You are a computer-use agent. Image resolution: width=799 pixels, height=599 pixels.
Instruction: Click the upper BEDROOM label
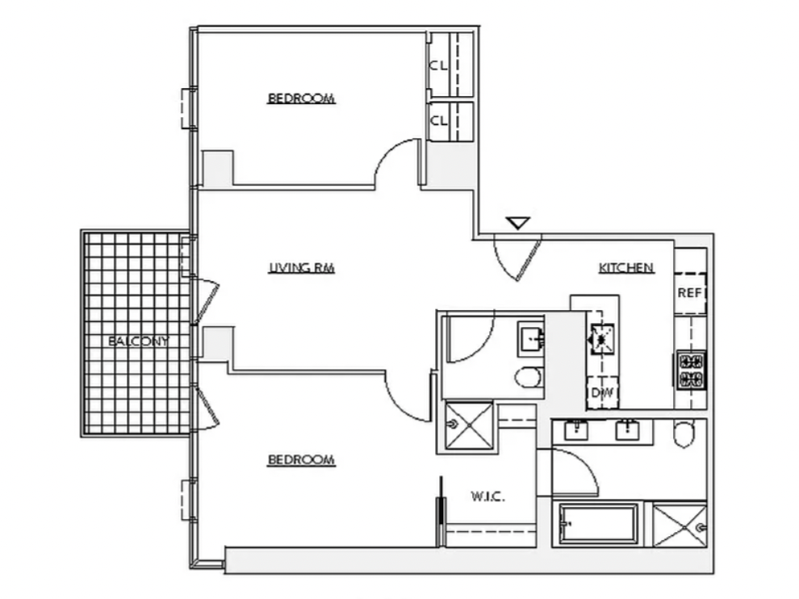pyautogui.click(x=301, y=98)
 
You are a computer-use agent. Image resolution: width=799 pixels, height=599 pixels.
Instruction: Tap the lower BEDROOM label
pyautogui.click(x=301, y=460)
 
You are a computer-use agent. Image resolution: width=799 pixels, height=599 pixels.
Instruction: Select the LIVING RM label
pyautogui.click(x=302, y=268)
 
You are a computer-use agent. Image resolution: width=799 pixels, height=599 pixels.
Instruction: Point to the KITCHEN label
pyautogui.click(x=625, y=268)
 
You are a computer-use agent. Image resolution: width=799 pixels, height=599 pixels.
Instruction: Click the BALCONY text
pyautogui.click(x=138, y=341)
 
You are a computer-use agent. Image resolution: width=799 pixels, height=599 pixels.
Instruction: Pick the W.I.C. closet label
pyautogui.click(x=487, y=496)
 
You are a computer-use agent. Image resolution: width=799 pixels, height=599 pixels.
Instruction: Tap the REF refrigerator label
pyautogui.click(x=690, y=293)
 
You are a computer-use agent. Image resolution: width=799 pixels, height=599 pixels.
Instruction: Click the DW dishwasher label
pyautogui.click(x=602, y=392)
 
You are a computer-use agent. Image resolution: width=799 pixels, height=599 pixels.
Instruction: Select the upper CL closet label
pyautogui.click(x=438, y=65)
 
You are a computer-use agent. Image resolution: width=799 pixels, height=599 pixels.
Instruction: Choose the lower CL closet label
pyautogui.click(x=438, y=121)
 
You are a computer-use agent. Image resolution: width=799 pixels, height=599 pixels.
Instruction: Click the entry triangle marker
pyautogui.click(x=518, y=223)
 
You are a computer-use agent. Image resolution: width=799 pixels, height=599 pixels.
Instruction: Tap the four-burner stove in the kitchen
pyautogui.click(x=692, y=371)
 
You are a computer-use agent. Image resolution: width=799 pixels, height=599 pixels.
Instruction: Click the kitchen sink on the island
pyautogui.click(x=602, y=339)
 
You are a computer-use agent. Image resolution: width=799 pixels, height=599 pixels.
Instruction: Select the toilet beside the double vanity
pyautogui.click(x=684, y=434)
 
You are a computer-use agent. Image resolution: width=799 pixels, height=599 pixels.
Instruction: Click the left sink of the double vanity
pyautogui.click(x=576, y=430)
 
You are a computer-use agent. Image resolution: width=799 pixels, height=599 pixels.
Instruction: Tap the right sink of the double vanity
pyautogui.click(x=627, y=430)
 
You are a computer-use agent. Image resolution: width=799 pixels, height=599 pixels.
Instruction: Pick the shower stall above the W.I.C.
pyautogui.click(x=469, y=426)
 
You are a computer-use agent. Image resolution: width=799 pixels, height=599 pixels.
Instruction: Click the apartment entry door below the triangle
pyautogui.click(x=517, y=258)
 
